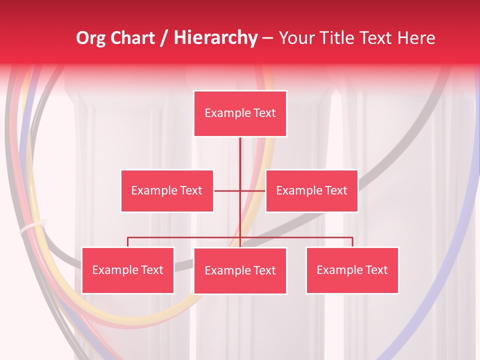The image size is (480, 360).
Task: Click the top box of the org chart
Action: tap(240, 113)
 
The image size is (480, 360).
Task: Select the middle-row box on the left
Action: tap(167, 190)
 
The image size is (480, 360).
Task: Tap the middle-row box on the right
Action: tap(311, 190)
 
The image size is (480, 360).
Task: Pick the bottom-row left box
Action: tap(128, 270)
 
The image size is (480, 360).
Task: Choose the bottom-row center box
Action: tap(240, 270)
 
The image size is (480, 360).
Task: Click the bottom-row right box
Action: tap(352, 270)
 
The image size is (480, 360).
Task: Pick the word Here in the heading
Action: tap(416, 38)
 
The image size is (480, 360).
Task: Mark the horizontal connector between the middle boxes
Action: tap(227, 190)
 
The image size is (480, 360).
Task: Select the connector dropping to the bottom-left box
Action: tap(128, 242)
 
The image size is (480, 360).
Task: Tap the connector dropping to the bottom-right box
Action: tap(352, 242)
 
